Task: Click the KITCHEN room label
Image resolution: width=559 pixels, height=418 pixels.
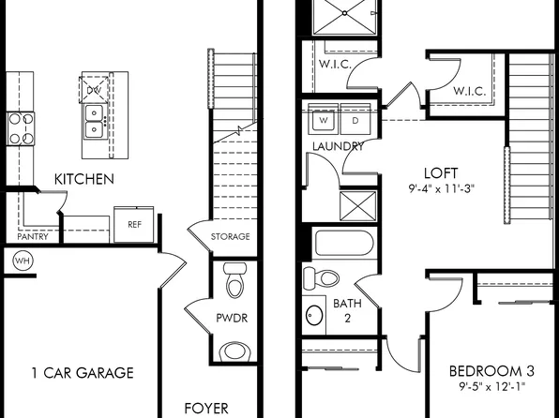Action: point(84,178)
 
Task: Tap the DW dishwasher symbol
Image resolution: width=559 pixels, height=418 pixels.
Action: point(93,90)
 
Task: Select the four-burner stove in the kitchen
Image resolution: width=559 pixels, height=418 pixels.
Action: point(20,127)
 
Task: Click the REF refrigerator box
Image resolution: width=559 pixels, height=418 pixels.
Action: point(134,225)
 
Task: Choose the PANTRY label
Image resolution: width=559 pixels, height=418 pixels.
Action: point(32,237)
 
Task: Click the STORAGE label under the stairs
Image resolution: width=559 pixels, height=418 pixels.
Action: point(231,237)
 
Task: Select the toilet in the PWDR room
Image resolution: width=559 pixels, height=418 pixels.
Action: point(234,280)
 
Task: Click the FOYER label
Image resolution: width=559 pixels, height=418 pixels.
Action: point(205,409)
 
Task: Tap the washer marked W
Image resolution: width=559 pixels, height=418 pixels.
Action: point(324,121)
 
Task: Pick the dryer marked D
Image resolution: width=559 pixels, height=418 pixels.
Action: point(355,121)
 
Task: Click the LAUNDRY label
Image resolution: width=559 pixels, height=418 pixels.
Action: point(339,147)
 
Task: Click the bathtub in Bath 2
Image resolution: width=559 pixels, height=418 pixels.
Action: point(344,245)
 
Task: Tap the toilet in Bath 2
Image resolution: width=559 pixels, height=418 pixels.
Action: point(323,277)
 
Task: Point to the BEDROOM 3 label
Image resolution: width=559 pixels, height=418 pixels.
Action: point(487,369)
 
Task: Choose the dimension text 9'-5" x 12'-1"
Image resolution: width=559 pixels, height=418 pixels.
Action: point(487,386)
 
